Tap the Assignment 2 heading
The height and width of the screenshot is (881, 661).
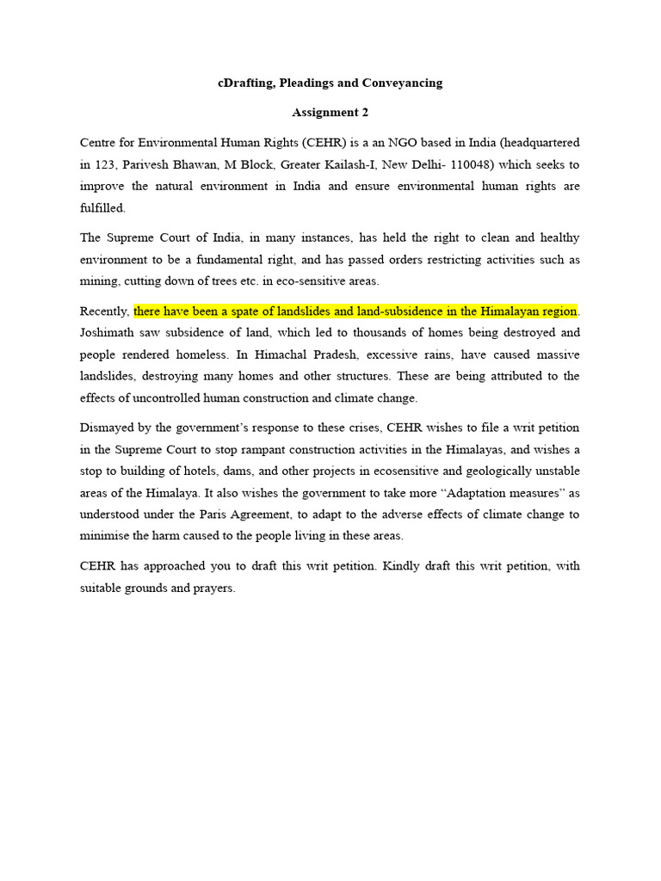point(330,112)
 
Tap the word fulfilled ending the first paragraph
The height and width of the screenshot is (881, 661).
point(102,208)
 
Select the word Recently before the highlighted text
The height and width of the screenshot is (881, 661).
point(104,311)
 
